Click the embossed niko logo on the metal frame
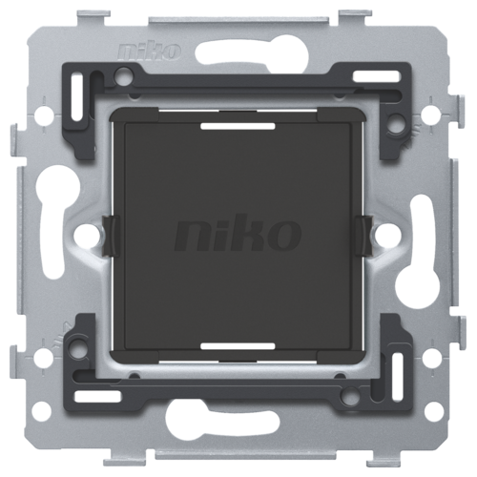pos(150,52)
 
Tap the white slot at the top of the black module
pos(238,126)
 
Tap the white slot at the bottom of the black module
pos(238,346)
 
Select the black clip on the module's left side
pos(111,236)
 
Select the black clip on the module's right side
pos(364,236)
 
